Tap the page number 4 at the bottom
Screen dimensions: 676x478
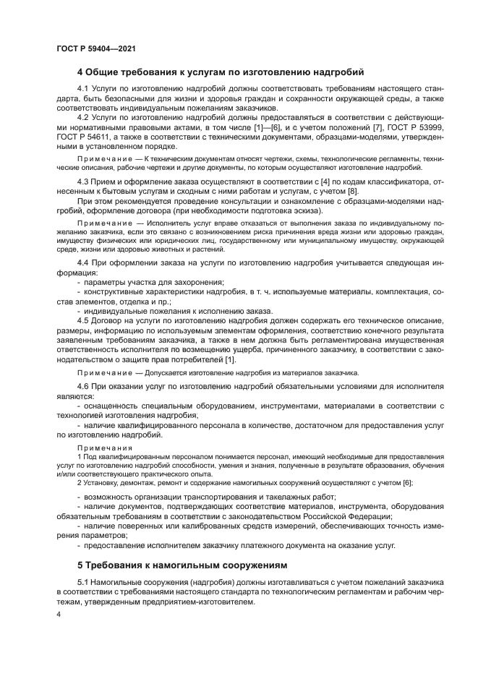coord(59,614)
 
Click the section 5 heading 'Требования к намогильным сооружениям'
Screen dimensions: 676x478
coord(182,565)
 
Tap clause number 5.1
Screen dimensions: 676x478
coord(83,582)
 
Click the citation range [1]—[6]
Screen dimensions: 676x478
coord(260,126)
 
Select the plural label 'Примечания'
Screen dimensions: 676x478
coord(99,448)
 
